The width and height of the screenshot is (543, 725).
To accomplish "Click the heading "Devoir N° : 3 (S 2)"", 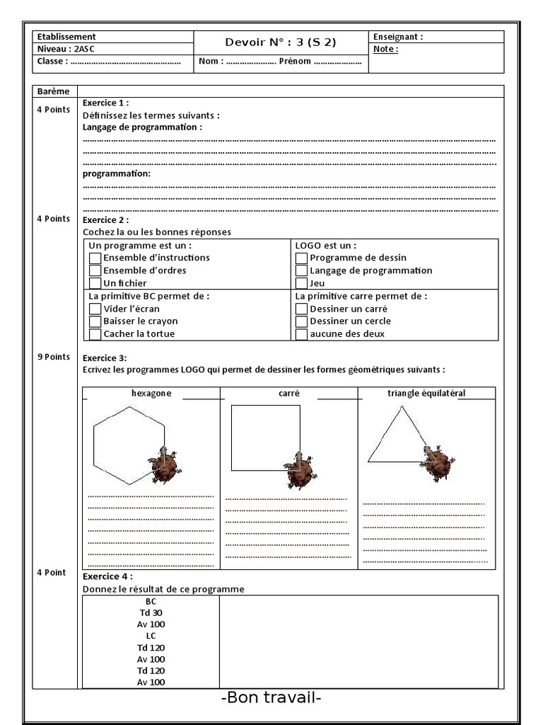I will [281, 42].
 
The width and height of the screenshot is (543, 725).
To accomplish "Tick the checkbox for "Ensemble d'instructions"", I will [95, 258].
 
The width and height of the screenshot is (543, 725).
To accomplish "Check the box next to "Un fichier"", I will [95, 283].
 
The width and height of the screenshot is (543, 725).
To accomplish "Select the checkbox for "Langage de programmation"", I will [302, 270].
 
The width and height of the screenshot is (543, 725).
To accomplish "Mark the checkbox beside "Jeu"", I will [302, 283].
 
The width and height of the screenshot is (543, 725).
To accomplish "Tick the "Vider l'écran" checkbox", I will [95, 309].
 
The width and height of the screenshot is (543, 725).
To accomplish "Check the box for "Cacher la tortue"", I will [95, 334].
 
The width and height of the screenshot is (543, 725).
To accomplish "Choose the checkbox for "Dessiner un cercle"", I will [302, 321].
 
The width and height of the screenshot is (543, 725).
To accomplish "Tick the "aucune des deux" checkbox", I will [302, 334].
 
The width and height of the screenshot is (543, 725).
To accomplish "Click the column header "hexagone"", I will [151, 394].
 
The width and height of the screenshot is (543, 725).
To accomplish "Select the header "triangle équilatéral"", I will [426, 393].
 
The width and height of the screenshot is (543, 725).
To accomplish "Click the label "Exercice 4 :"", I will [107, 576].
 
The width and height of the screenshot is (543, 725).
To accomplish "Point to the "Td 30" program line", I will [151, 613].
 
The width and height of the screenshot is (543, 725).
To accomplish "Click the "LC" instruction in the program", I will [151, 636].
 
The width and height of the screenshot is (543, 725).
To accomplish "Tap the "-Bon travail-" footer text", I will [271, 698].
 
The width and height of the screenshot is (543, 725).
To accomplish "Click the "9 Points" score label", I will [54, 357].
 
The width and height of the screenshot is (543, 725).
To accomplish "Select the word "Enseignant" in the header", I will [397, 37].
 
